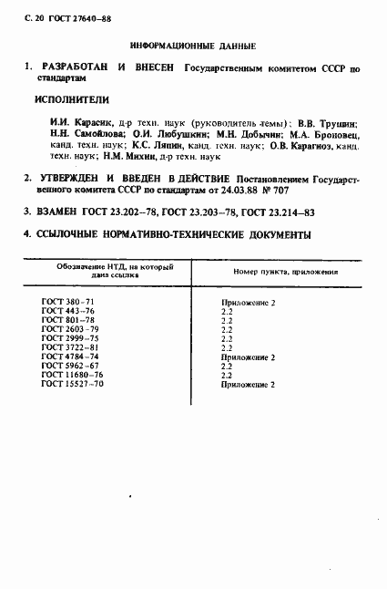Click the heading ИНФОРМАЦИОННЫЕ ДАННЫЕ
(192, 45)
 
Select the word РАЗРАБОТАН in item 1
(74, 68)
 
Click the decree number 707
(316, 191)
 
